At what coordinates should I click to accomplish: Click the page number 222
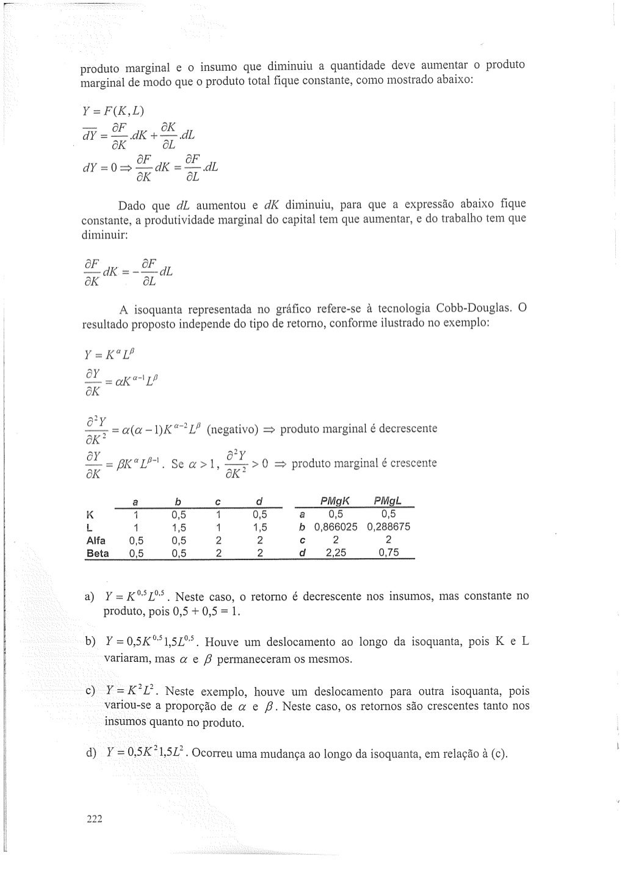pyautogui.click(x=94, y=819)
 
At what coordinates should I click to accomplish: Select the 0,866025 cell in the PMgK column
pyautogui.click(x=336, y=526)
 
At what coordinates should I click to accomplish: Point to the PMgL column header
pyautogui.click(x=387, y=501)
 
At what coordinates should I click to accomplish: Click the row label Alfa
pyautogui.click(x=96, y=540)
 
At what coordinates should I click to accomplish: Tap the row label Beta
pyautogui.click(x=98, y=554)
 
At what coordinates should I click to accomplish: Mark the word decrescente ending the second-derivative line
pyautogui.click(x=408, y=428)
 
